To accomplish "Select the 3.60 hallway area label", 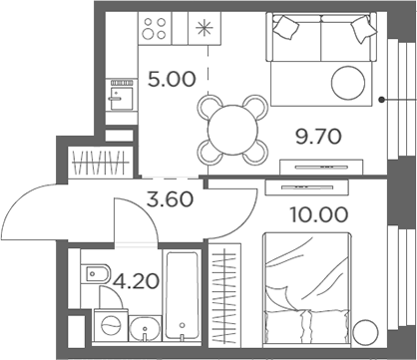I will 169,197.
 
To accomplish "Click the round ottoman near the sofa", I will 350,81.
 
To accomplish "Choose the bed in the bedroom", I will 306,284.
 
